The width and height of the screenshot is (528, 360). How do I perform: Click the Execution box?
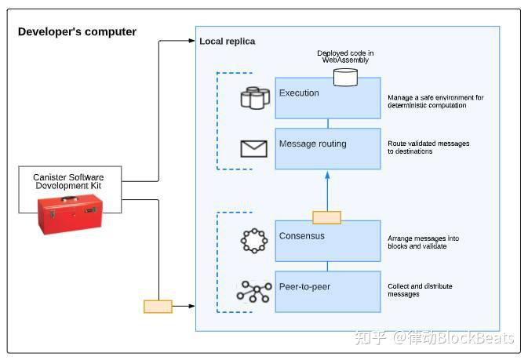tap(327, 97)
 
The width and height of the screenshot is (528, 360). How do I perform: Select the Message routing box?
tap(327, 148)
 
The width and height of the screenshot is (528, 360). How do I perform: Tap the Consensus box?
tap(327, 240)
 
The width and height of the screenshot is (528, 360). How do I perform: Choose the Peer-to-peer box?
tap(327, 291)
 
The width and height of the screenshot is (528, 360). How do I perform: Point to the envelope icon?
tap(253, 148)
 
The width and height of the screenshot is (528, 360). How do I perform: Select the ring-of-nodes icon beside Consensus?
tap(253, 241)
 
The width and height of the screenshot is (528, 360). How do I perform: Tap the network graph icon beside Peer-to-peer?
tap(253, 292)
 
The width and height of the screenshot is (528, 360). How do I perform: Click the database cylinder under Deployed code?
tap(344, 77)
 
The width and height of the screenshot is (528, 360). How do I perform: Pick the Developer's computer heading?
tap(77, 32)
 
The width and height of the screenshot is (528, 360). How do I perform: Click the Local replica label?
tap(228, 41)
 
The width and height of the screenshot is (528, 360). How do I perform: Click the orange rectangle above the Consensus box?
tap(326, 217)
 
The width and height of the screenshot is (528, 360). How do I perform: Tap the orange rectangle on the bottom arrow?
tap(158, 306)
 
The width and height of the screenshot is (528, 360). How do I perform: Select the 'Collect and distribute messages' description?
tap(420, 290)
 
